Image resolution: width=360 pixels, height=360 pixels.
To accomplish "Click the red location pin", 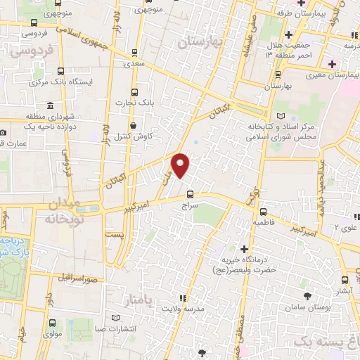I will click(x=181, y=166).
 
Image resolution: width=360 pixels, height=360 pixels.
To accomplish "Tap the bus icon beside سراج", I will click(x=190, y=195).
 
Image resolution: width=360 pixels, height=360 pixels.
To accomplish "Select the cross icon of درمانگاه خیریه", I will click(x=244, y=249).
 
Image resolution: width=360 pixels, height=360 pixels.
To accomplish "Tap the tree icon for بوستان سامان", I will click(x=307, y=295).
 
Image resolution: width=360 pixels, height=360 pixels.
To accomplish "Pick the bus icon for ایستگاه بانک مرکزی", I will click(x=60, y=70).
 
